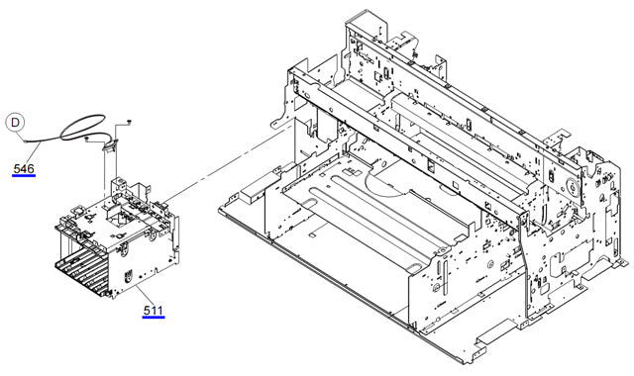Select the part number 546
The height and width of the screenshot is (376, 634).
coord(24,169)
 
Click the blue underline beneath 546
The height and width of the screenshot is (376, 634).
coord(24,177)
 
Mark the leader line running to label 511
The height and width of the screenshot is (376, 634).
coord(144,295)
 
